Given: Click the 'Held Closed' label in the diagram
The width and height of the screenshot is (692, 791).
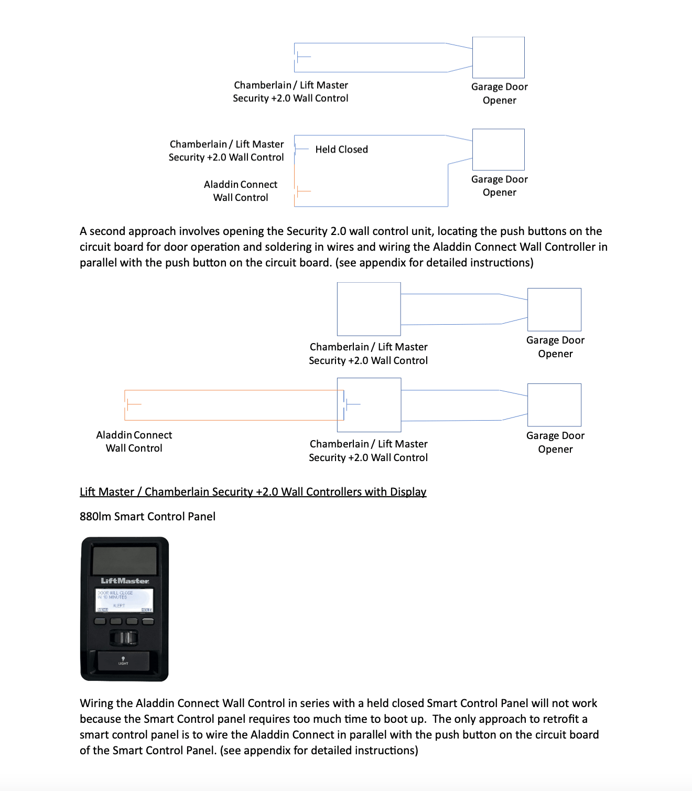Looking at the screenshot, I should click(341, 149).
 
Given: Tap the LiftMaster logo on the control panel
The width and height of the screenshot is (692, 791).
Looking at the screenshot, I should click(125, 581).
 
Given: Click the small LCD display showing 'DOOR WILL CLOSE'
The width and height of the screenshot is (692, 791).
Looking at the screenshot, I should click(124, 600).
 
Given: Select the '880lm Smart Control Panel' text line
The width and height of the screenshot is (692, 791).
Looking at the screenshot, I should click(147, 517).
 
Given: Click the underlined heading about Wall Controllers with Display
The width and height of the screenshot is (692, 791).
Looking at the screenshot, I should click(253, 492).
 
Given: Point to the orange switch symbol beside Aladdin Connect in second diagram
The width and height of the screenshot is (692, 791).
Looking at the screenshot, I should click(304, 191).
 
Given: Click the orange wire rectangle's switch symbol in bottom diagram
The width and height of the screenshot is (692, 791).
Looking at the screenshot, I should click(134, 404).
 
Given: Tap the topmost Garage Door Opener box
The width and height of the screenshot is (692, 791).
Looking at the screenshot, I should click(498, 58).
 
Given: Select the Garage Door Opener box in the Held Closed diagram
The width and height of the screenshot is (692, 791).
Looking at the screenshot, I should click(498, 149).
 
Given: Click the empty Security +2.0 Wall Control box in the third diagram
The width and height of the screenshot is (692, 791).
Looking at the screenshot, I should click(369, 309).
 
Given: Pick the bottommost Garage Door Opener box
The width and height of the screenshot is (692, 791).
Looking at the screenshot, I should click(554, 405).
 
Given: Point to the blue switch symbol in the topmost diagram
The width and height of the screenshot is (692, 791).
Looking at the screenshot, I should click(304, 57).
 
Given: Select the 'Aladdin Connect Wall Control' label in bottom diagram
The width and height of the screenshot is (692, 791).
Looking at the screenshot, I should click(134, 442).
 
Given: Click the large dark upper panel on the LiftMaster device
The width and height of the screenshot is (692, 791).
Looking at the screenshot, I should click(124, 560).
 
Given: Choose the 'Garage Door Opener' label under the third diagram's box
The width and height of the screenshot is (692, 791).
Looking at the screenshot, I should click(555, 347).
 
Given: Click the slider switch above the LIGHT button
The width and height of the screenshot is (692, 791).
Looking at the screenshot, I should click(124, 638).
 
